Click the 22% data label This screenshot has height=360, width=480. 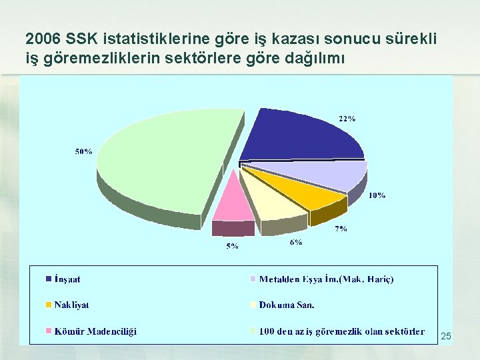point(347,119)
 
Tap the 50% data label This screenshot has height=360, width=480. point(83,151)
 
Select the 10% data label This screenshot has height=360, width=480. point(377,195)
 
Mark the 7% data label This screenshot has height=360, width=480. point(341,229)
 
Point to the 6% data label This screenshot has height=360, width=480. point(296,243)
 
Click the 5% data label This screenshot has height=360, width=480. point(233,247)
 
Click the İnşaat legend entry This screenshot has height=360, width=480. point(67,279)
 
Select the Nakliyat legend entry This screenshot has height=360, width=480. point(71,305)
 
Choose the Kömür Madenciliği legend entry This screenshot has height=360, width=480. point(95,331)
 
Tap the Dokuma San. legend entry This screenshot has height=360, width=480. point(287,305)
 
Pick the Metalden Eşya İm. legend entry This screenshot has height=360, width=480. point(326,279)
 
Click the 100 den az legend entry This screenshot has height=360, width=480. point(341,331)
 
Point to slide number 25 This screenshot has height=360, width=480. point(446,337)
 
